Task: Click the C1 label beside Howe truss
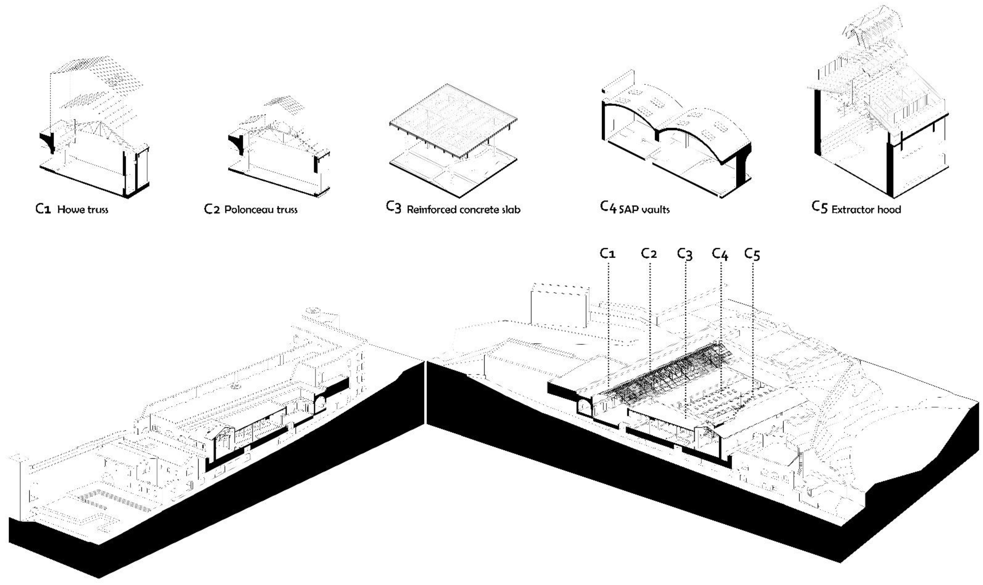coord(43,209)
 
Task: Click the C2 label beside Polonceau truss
coord(212,209)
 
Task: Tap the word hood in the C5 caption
coord(891,209)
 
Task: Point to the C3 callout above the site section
coord(685,254)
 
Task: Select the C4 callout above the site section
coord(720,254)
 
